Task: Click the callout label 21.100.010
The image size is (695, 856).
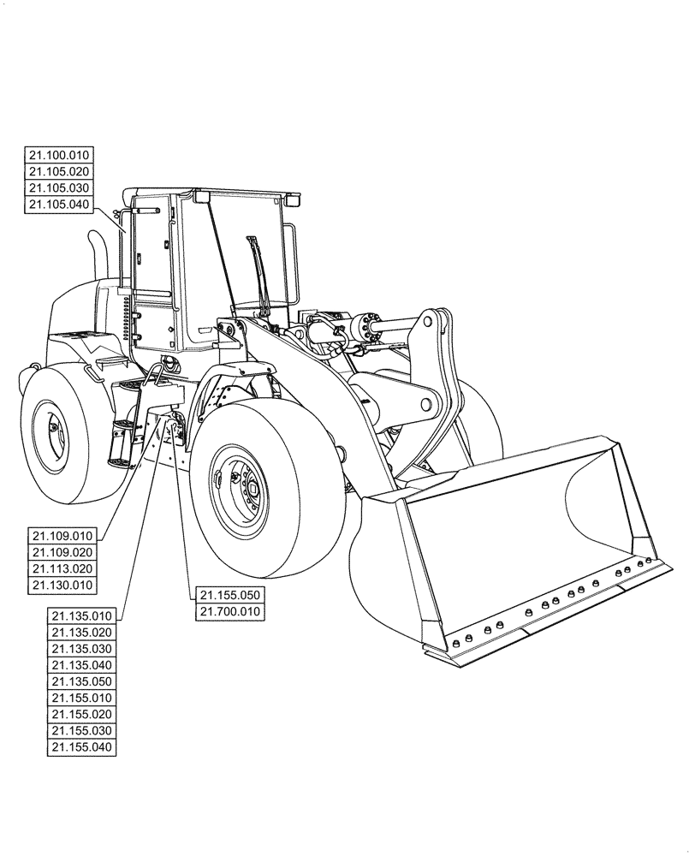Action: (59, 155)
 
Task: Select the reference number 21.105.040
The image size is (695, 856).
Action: (59, 204)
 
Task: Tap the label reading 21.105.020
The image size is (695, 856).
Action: (59, 171)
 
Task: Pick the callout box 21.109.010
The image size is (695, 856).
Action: (63, 535)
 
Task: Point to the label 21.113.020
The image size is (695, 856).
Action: (63, 568)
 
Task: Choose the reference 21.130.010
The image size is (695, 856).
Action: (63, 584)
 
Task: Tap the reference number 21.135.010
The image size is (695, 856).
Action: (82, 615)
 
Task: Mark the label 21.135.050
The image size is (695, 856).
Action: (82, 681)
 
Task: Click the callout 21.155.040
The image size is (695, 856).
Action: (82, 747)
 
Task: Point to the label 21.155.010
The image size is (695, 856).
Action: (82, 698)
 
